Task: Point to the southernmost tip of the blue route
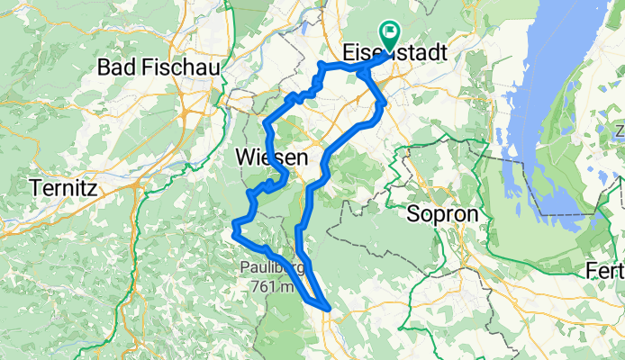coord(329,310)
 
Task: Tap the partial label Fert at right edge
coord(604,271)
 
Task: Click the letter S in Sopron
coord(412,214)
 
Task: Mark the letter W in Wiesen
coord(244,157)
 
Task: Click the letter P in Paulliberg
coord(244,267)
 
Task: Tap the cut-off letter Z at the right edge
coord(620,133)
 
